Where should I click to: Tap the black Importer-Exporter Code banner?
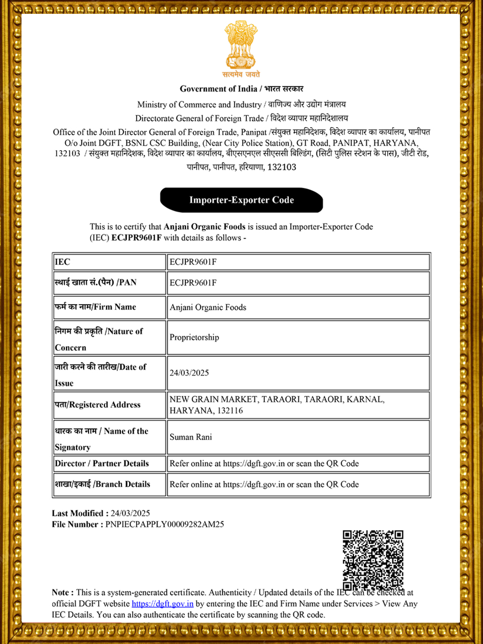(x=241, y=200)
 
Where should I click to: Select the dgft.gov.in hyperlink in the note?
(x=162, y=603)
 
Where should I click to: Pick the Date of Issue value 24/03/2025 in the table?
(x=189, y=373)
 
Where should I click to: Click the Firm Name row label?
(x=96, y=307)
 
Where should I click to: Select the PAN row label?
(x=96, y=283)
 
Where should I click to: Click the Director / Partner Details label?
(x=102, y=464)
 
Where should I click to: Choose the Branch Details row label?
(x=102, y=484)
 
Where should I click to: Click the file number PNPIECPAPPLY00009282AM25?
(x=164, y=524)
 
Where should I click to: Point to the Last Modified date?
(x=131, y=513)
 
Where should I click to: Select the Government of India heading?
(x=241, y=89)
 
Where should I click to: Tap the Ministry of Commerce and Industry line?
(x=241, y=105)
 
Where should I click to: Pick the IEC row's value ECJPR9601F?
(x=193, y=262)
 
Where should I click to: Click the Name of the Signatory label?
(x=101, y=439)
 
